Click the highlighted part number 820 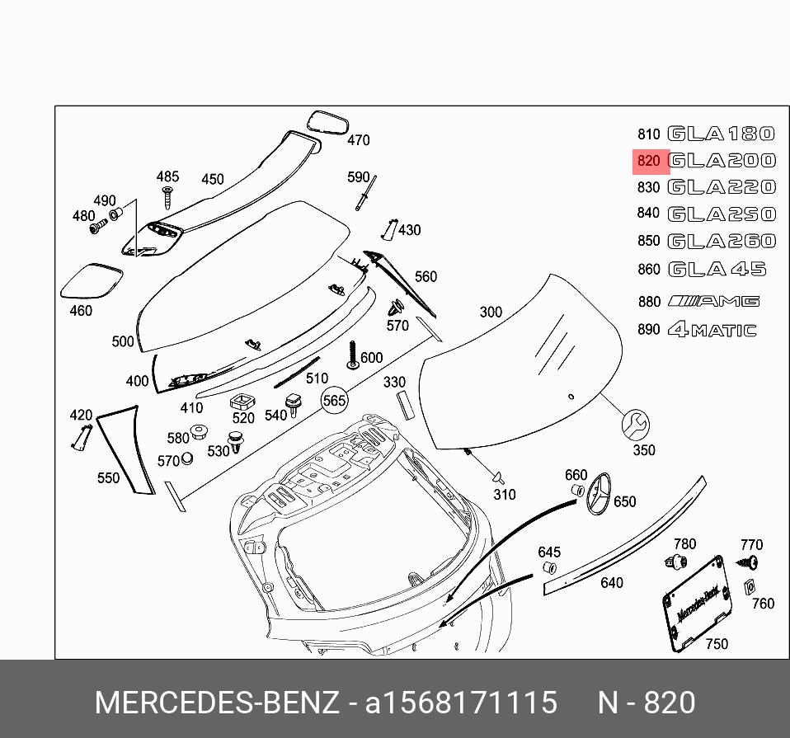coord(649,161)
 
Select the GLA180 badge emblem coord(721,134)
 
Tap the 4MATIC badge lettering coord(712,330)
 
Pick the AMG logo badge coord(714,301)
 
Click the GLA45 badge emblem coord(716,270)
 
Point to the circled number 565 coord(334,400)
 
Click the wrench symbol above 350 coord(636,424)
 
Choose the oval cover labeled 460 coord(92,281)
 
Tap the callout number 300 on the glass coord(491,312)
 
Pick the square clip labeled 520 coord(241,401)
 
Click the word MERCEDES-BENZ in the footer coord(216,703)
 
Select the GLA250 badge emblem coord(721,214)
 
